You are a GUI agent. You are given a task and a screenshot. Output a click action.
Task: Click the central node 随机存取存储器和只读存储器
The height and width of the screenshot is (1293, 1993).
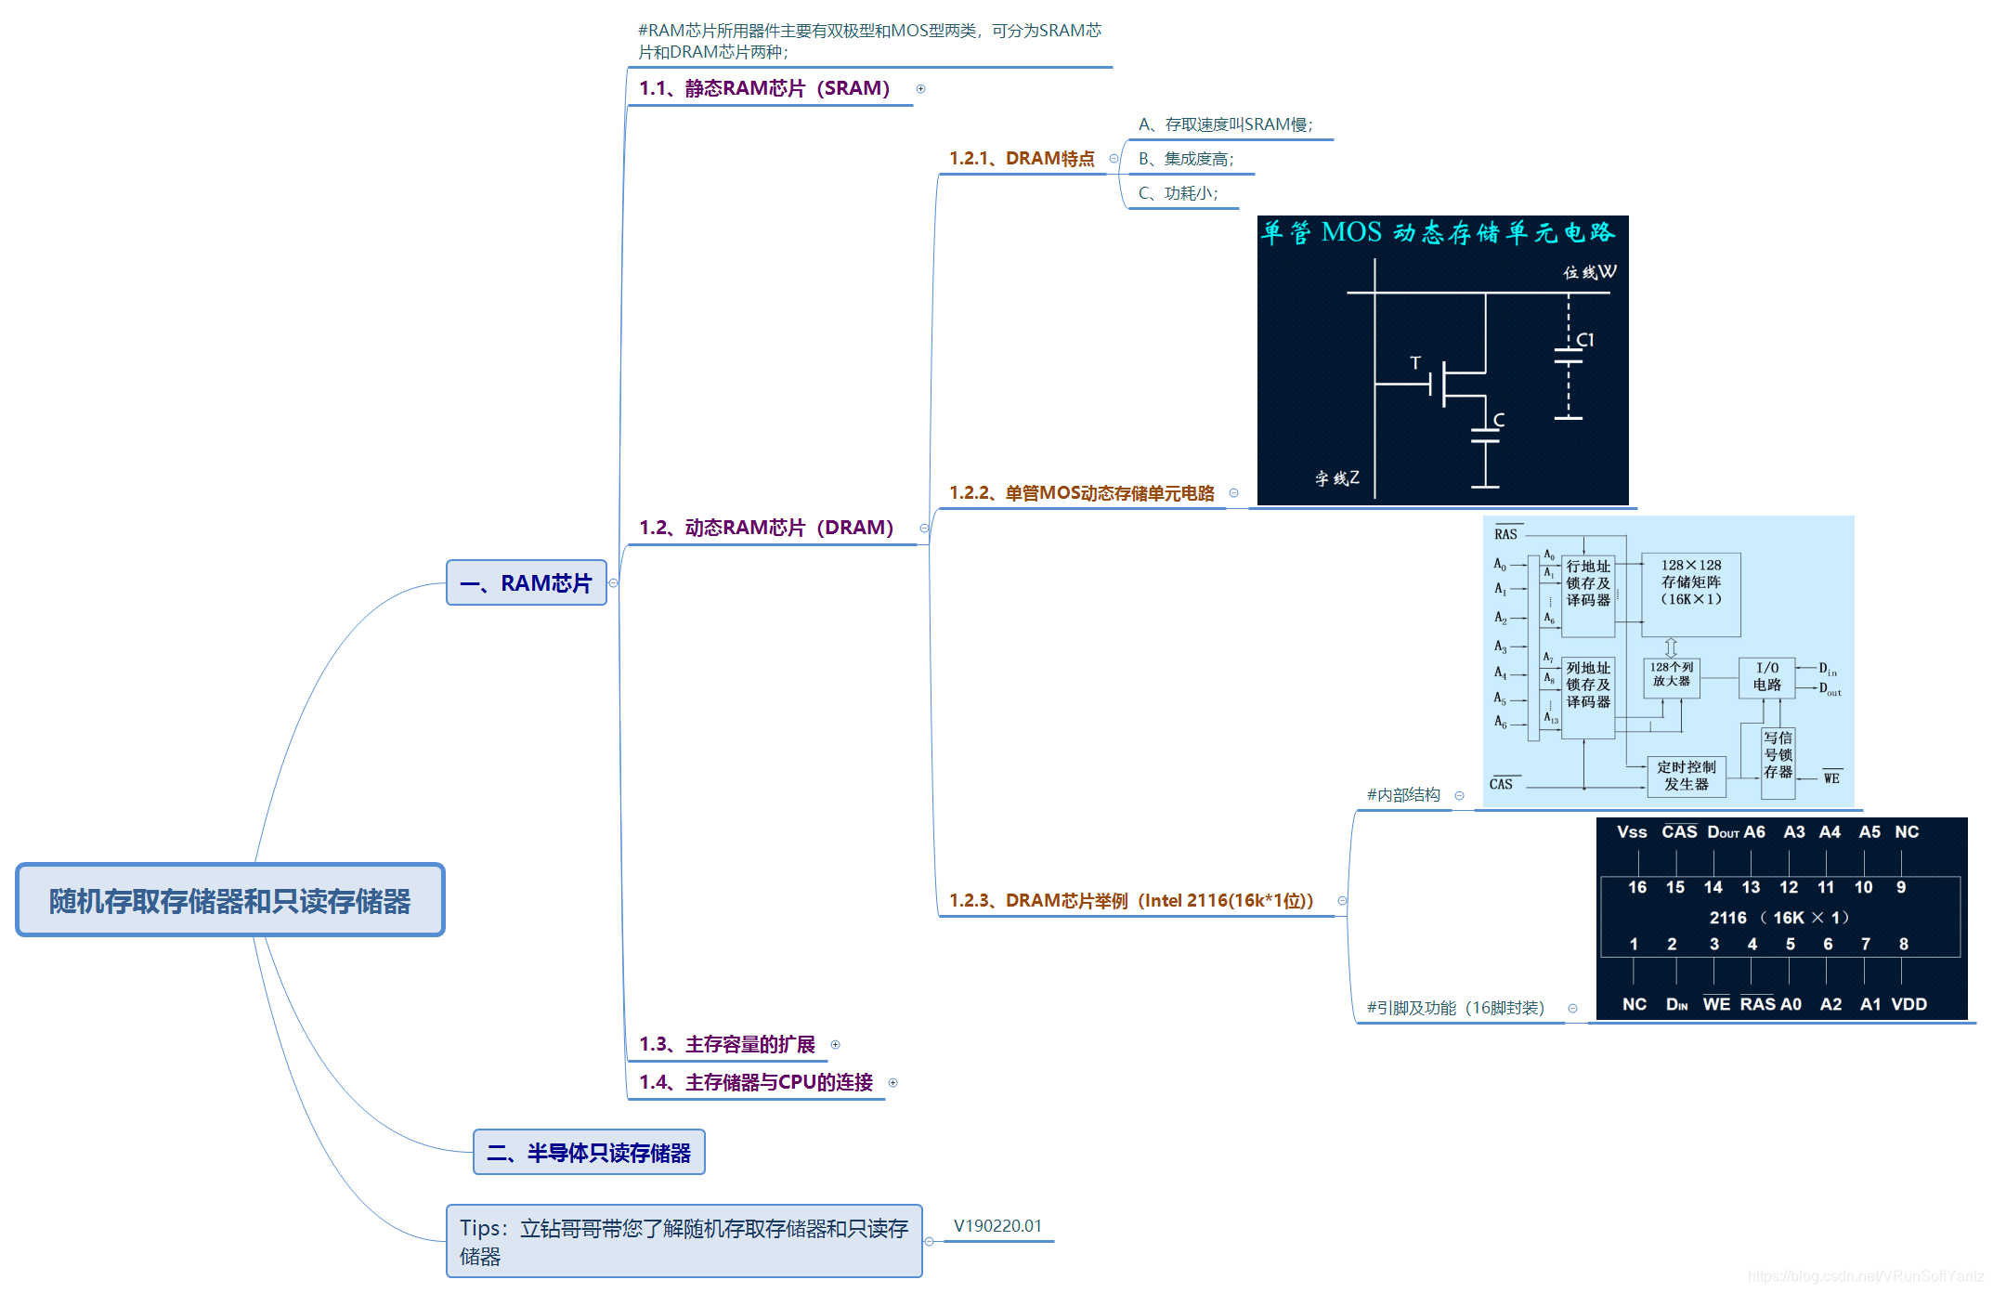[229, 900]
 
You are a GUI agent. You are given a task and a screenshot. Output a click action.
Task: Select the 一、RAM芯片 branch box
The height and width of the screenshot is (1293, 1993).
[526, 583]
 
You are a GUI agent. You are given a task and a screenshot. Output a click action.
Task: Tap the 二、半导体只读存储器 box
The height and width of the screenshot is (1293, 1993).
[589, 1153]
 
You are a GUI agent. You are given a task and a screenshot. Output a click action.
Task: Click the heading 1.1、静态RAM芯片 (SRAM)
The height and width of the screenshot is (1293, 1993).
[764, 88]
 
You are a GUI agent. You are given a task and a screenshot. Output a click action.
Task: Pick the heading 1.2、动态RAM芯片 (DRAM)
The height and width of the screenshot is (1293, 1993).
[766, 528]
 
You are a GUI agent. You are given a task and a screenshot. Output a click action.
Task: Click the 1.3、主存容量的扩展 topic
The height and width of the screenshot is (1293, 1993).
[727, 1044]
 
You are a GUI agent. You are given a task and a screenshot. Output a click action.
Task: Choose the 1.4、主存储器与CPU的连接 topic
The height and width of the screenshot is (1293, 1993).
[756, 1082]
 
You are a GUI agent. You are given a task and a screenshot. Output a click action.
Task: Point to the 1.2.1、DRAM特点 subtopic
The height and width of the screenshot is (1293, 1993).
[1022, 159]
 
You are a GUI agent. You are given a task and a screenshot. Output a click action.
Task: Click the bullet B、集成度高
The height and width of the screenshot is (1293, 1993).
[1186, 159]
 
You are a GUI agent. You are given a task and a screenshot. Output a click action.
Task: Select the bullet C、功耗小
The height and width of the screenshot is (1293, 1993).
[1178, 193]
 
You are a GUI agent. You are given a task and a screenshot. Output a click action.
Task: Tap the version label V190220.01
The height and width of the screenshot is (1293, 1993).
[997, 1226]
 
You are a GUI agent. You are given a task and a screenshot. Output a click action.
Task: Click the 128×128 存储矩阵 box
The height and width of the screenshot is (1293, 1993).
[1690, 594]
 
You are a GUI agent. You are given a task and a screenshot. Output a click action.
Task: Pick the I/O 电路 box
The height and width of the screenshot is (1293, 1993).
[1766, 676]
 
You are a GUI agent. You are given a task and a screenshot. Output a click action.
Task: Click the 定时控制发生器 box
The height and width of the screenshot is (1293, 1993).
[1686, 776]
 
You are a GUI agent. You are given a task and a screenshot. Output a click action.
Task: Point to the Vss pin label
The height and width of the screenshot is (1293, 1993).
[1631, 832]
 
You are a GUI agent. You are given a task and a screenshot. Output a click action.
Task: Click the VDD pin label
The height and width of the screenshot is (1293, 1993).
[1908, 1004]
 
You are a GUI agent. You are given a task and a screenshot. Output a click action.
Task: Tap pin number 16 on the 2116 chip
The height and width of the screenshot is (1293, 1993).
[1636, 887]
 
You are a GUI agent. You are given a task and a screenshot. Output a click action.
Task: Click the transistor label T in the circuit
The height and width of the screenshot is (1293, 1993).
[1415, 362]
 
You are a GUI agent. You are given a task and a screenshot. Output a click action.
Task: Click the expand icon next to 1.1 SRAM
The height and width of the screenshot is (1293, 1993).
[920, 89]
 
